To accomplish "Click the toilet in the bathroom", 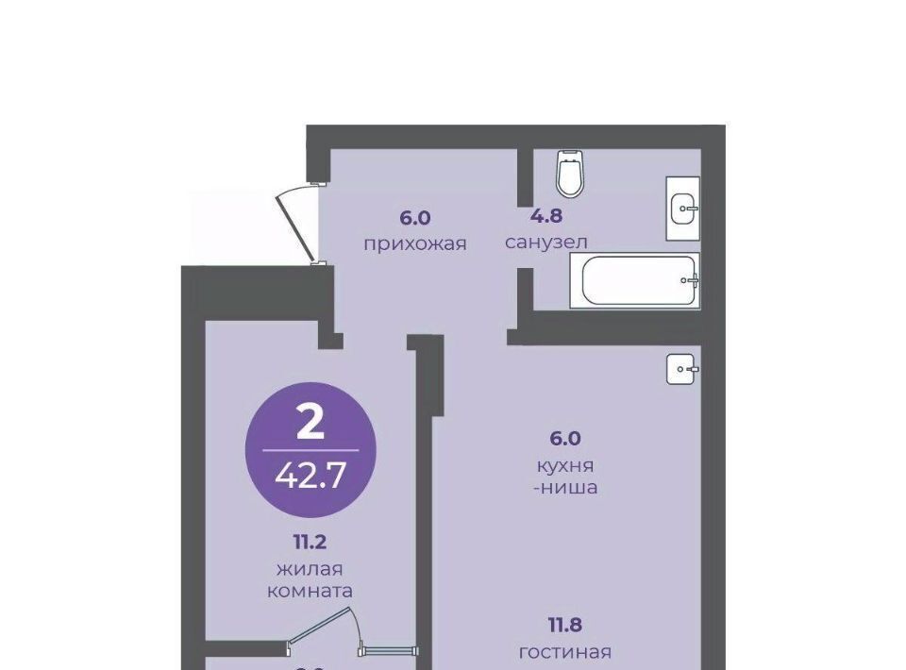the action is (x=570, y=173).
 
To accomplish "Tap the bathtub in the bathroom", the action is (x=634, y=280).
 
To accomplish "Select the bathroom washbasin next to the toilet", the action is (x=683, y=208).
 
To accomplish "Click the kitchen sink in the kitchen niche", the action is (x=682, y=369).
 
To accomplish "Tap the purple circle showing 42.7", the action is (x=310, y=449).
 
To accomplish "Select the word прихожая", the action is (x=415, y=243).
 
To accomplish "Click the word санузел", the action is (x=546, y=242).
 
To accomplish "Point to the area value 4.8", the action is (x=546, y=216).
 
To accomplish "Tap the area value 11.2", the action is (x=310, y=543).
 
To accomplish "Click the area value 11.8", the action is (x=565, y=625).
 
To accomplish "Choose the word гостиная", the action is (x=565, y=652).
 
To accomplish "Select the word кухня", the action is (x=565, y=465).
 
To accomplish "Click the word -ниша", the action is (x=565, y=488).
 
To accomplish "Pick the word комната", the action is (x=310, y=592).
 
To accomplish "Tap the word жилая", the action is (x=310, y=570).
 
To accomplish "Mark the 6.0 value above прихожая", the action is (x=415, y=218).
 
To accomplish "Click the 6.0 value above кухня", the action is (x=565, y=439).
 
